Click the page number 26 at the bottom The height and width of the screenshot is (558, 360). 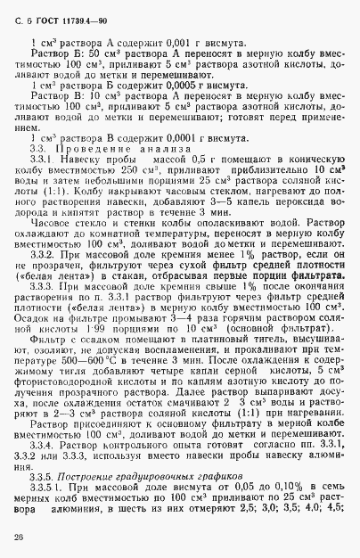point(19,535)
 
